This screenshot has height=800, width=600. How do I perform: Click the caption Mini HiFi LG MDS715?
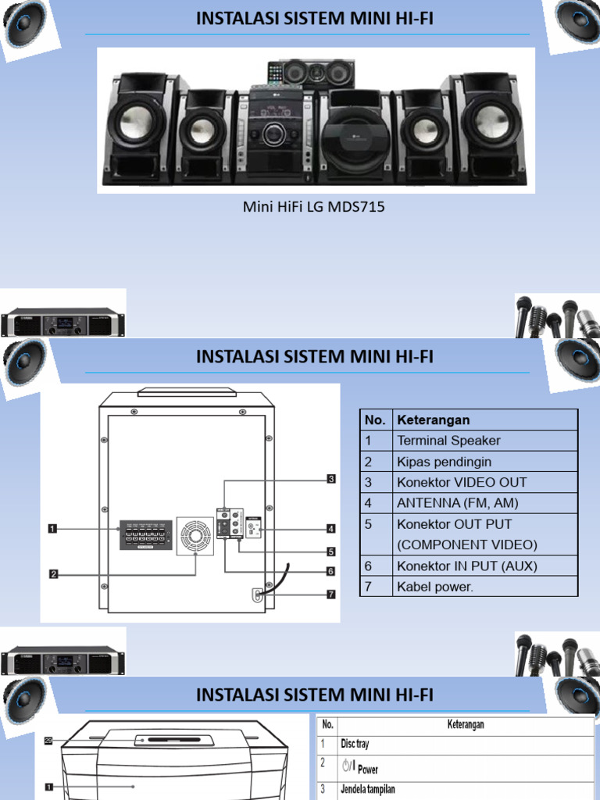pyautogui.click(x=313, y=208)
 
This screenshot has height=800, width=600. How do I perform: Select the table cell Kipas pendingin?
pyautogui.click(x=444, y=462)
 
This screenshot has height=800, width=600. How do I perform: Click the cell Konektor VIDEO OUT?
pyautogui.click(x=461, y=482)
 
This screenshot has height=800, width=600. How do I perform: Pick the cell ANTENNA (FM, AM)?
pyautogui.click(x=457, y=503)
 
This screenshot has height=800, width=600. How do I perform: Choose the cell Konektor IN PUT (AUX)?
pyautogui.click(x=466, y=566)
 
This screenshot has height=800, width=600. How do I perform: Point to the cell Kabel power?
pyautogui.click(x=434, y=587)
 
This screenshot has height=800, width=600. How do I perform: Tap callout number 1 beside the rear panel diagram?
pyautogui.click(x=52, y=529)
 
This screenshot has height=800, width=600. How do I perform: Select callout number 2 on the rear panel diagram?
pyautogui.click(x=54, y=574)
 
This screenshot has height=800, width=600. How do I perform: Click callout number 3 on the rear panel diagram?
pyautogui.click(x=331, y=479)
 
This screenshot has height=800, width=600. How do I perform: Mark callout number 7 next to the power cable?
pyautogui.click(x=331, y=595)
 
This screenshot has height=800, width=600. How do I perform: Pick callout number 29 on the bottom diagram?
pyautogui.click(x=48, y=741)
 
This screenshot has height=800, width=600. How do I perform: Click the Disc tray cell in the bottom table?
pyautogui.click(x=355, y=745)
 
